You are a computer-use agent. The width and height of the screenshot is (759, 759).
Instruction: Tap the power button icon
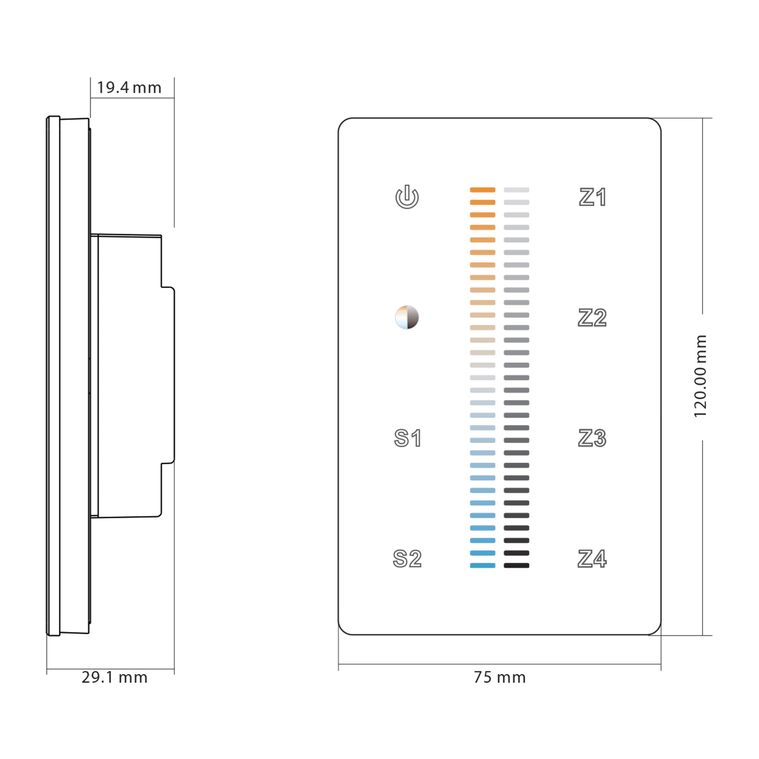coord(407,197)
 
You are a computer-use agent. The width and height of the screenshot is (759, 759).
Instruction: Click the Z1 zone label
coord(592,197)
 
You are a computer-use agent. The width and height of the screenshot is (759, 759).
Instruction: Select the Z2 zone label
coord(592,318)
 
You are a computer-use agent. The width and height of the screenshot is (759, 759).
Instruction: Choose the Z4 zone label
coord(592,559)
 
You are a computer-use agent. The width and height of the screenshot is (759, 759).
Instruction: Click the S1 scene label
coord(407,438)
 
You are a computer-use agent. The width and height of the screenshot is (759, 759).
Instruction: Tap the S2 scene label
coord(407,559)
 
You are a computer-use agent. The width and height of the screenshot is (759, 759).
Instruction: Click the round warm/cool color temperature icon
coord(407,318)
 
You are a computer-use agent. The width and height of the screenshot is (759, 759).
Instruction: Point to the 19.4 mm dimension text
coord(129,88)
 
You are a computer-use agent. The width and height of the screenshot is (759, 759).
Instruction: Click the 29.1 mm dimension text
coord(114,678)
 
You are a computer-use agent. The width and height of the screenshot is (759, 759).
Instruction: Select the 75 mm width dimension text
coord(500,678)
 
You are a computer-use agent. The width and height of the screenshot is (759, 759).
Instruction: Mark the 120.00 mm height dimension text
coord(700,377)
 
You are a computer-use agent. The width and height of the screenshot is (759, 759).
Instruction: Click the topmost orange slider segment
coord(482,190)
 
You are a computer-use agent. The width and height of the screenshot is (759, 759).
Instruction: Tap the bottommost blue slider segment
coord(482,565)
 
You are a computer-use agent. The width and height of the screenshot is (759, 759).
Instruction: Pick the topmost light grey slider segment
coord(516,190)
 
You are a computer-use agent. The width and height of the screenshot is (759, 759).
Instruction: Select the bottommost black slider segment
coord(516,565)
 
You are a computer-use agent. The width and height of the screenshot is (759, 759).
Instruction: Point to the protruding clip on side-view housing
coord(168,375)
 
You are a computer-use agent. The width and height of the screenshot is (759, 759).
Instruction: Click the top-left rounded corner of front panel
coord(343,123)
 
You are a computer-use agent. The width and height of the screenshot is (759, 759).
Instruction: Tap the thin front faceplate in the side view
coord(53,375)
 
